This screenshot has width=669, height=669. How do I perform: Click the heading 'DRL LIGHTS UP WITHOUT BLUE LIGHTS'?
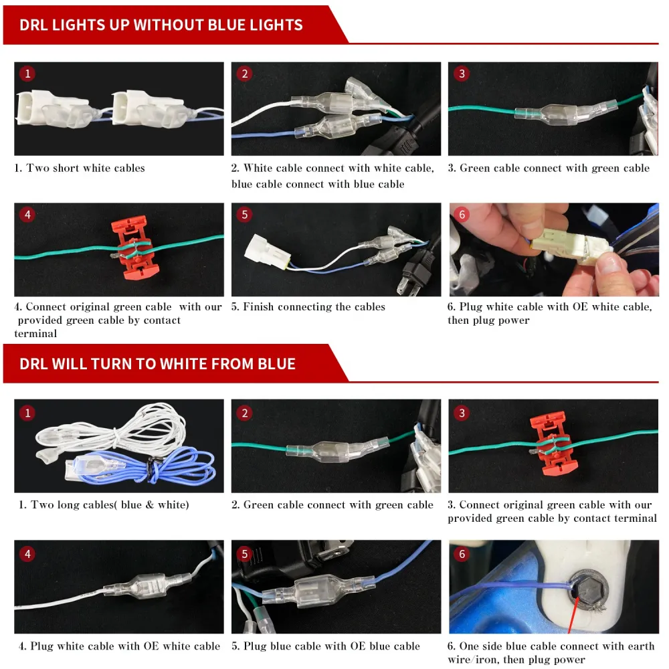(x=161, y=25)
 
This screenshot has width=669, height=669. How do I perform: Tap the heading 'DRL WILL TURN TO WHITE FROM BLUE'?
(x=157, y=364)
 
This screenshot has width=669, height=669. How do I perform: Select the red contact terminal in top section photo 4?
(x=134, y=248)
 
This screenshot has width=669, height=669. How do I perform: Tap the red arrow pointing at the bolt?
(x=573, y=615)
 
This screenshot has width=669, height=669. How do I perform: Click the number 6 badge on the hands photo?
(x=462, y=214)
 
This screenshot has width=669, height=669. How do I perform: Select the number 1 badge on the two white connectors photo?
(x=27, y=74)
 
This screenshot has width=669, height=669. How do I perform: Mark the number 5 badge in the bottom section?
(x=244, y=554)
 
